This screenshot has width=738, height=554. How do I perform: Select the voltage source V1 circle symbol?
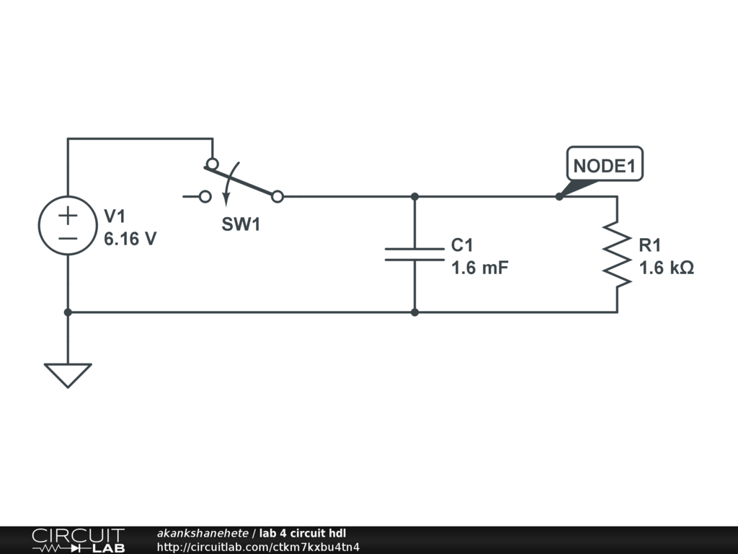[68, 225]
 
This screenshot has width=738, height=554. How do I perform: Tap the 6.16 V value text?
[130, 239]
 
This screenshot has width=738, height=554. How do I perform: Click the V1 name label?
[115, 216]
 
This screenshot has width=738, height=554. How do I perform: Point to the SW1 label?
[241, 224]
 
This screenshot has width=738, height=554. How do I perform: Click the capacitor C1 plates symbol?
[414, 254]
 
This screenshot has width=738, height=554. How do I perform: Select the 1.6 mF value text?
[480, 268]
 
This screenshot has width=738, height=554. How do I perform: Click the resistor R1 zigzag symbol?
[617, 254]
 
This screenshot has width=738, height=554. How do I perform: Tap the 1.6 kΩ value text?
[667, 268]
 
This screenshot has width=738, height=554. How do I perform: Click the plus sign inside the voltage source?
[68, 214]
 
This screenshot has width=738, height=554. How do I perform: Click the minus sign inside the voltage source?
[68, 237]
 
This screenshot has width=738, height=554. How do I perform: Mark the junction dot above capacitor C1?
[414, 196]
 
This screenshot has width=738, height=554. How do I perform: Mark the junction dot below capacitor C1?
[414, 312]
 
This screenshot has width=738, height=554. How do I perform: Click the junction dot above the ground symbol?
[68, 312]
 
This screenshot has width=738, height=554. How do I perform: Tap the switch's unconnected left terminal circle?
[205, 196]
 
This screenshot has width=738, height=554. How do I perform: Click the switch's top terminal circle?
[213, 163]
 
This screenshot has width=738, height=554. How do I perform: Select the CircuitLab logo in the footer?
[78, 540]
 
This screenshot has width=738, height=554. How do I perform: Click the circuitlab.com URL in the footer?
[258, 547]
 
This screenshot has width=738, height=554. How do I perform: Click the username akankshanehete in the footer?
[203, 534]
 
